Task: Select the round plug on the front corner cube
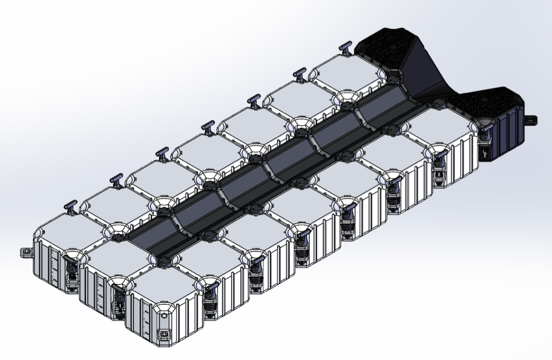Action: tap(164, 316)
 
